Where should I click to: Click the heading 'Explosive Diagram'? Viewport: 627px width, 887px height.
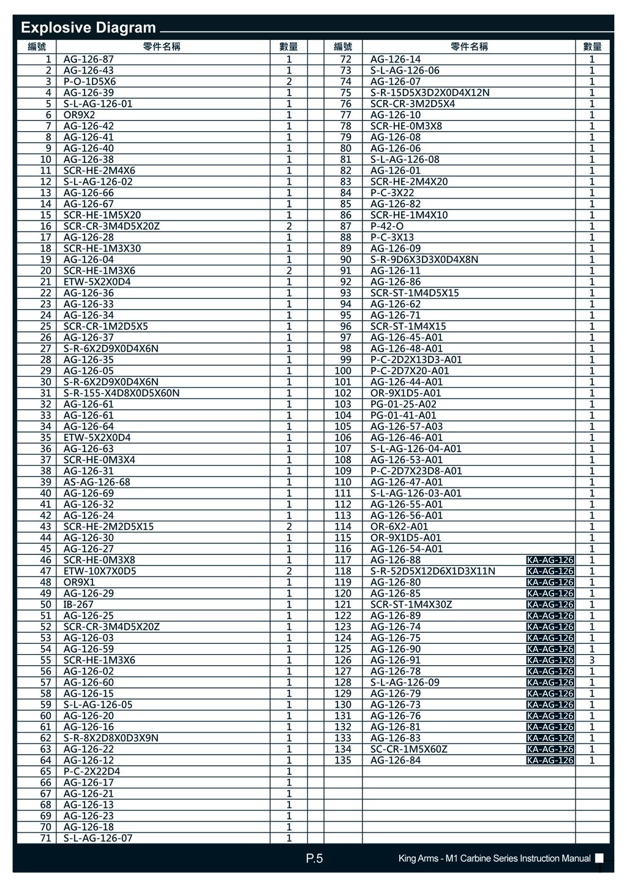(x=88, y=28)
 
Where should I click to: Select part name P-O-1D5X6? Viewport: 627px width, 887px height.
(x=89, y=81)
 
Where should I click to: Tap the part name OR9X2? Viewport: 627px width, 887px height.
(x=80, y=115)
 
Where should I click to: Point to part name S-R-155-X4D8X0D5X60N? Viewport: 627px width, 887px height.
(x=121, y=393)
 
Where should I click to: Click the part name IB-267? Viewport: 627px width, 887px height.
(x=78, y=605)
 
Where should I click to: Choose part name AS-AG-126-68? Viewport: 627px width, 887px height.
(x=97, y=482)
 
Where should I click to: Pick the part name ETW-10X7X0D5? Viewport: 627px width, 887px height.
(x=100, y=571)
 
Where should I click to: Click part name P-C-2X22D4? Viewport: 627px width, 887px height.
(x=92, y=771)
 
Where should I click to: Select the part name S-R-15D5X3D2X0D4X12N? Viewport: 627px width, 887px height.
(x=430, y=92)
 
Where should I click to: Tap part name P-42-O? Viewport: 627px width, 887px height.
(x=387, y=226)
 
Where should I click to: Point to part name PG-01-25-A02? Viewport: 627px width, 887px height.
(x=404, y=404)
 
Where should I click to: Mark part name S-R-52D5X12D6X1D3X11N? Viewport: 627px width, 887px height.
(x=433, y=571)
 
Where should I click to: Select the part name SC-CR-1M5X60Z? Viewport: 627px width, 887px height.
(x=409, y=749)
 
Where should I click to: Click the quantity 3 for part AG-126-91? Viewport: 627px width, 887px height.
(x=591, y=660)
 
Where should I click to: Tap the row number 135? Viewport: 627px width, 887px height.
(x=343, y=760)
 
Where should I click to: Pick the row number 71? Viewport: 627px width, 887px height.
(x=46, y=838)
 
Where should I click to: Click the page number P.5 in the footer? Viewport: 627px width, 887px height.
(x=314, y=859)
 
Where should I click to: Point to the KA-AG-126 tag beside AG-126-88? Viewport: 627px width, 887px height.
(x=550, y=560)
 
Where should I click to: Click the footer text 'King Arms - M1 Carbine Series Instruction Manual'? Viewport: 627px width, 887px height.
(x=494, y=859)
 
